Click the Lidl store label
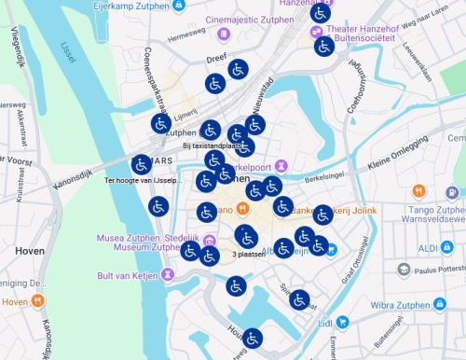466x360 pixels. tap(325, 323)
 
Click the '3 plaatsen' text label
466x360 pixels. tap(249, 255)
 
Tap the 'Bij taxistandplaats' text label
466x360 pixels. tap(212, 145)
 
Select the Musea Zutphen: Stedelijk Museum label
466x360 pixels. tap(137, 242)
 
